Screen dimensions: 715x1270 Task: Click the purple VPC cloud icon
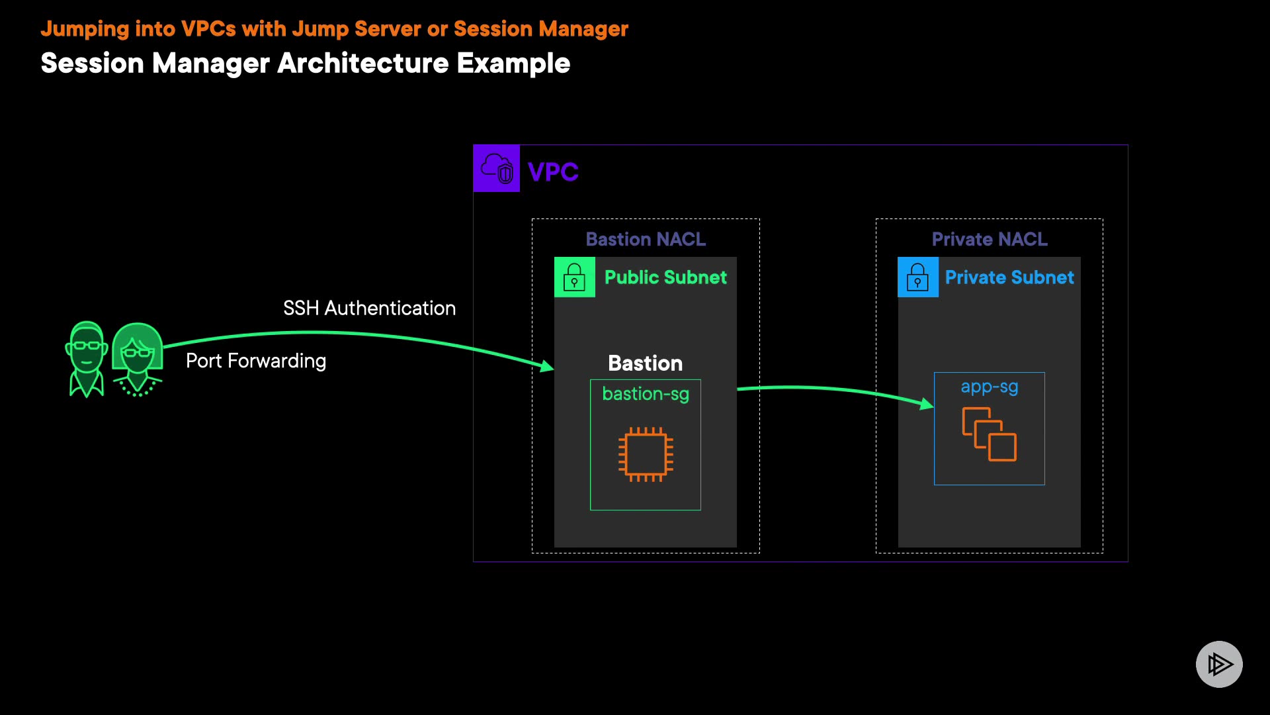click(x=497, y=168)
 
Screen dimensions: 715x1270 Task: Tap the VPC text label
click(x=553, y=172)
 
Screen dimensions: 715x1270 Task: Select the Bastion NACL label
click(x=646, y=239)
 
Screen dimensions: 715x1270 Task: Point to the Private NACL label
click(x=990, y=239)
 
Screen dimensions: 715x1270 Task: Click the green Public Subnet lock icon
click(x=574, y=277)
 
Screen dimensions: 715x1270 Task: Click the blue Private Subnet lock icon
click(x=917, y=277)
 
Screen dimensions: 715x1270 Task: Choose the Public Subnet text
click(x=665, y=277)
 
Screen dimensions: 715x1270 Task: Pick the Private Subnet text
click(x=1009, y=277)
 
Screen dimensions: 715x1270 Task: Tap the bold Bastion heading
click(x=645, y=363)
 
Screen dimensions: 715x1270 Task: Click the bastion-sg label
click(x=646, y=394)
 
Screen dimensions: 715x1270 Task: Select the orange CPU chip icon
click(x=646, y=455)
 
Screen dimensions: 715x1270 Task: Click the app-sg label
click(x=990, y=387)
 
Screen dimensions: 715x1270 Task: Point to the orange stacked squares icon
click(x=990, y=434)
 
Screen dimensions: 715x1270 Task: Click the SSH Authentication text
click(x=369, y=309)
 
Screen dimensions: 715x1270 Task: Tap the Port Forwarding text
click(x=256, y=361)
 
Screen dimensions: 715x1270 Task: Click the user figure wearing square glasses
click(x=87, y=359)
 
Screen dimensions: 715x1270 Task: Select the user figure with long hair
click(x=138, y=359)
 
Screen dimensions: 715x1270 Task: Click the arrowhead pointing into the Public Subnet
click(x=547, y=365)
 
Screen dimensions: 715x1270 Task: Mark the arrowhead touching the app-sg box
click(x=927, y=403)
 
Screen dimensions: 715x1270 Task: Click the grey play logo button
click(x=1219, y=664)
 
